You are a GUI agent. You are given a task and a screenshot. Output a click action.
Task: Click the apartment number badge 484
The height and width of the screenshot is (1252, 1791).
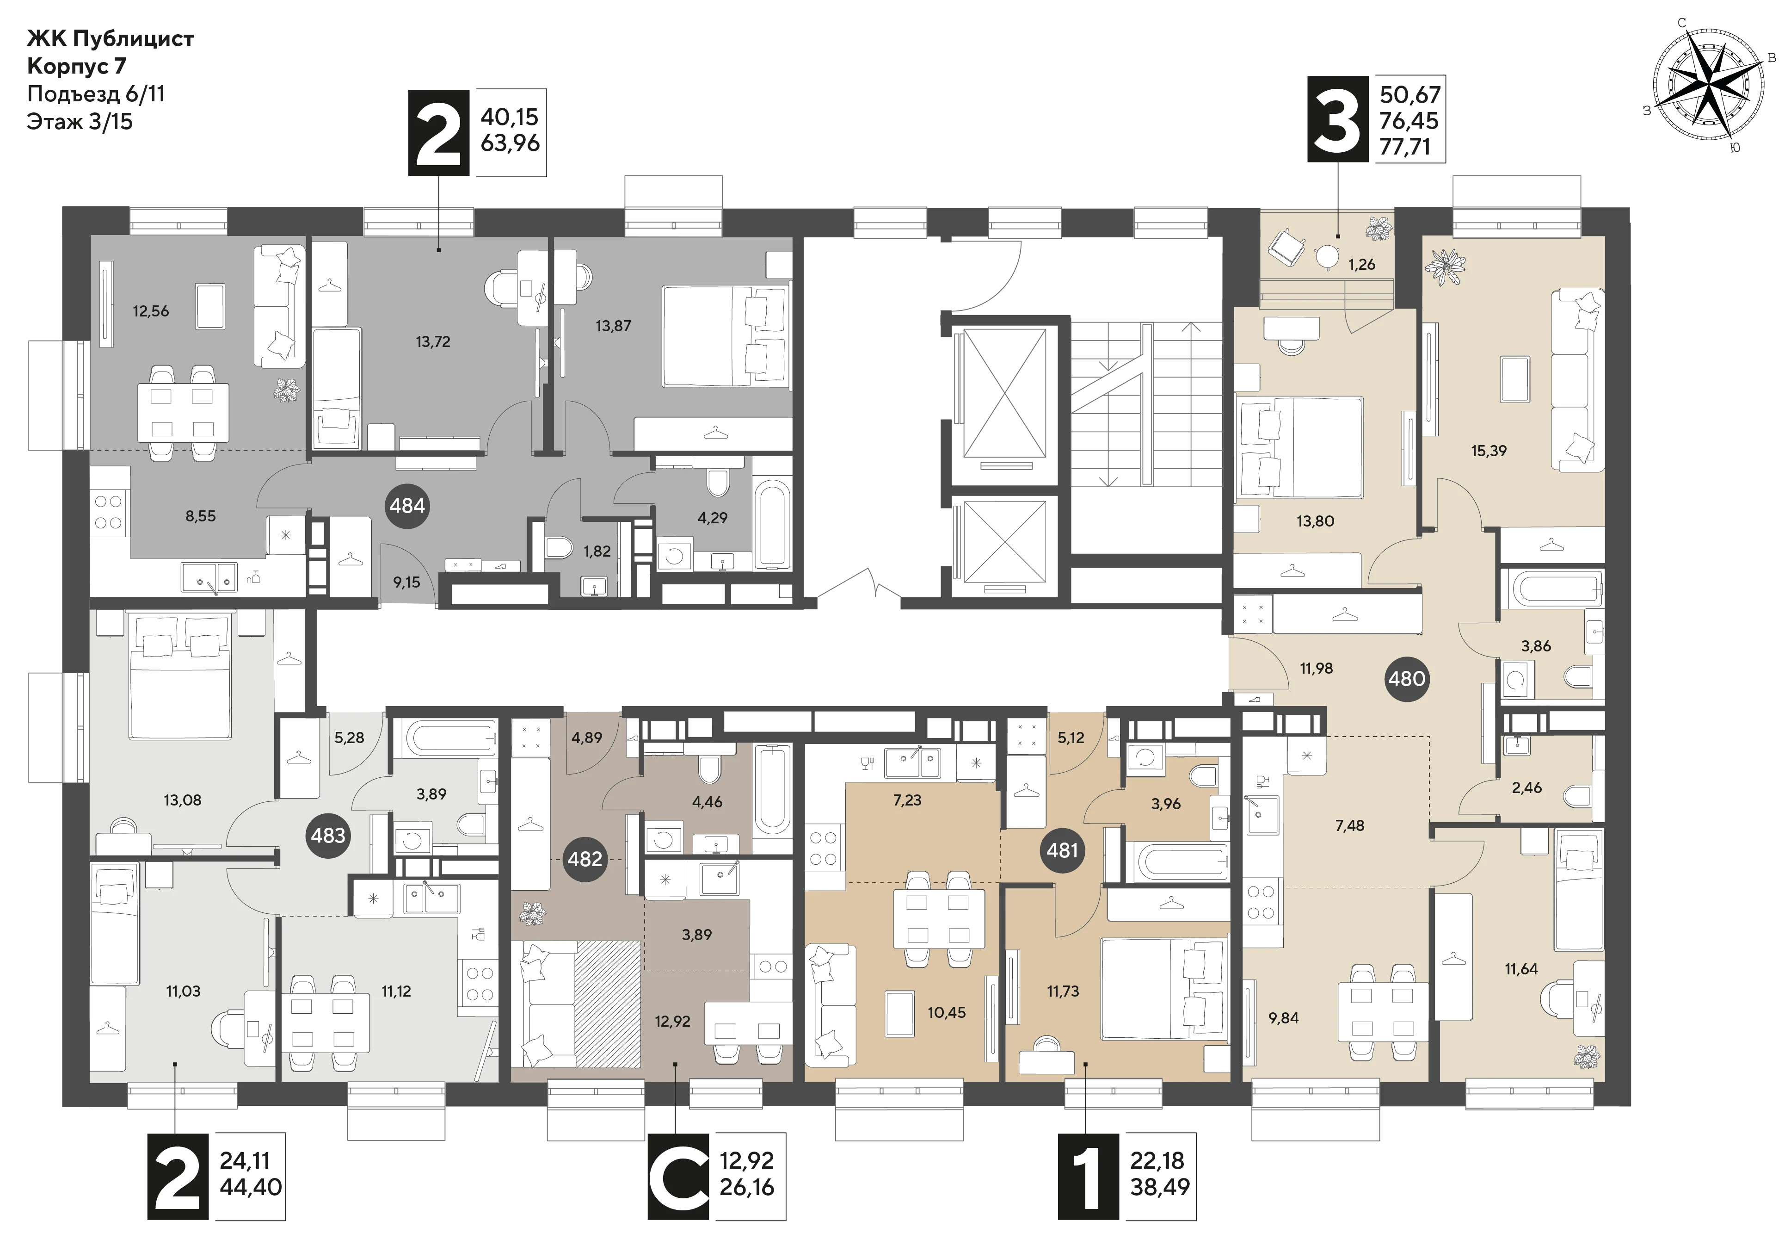point(407,506)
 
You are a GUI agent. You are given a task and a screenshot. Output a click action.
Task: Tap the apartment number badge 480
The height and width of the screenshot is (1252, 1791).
point(1406,678)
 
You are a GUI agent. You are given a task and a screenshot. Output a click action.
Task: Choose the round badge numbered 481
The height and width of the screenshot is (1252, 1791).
point(1062,850)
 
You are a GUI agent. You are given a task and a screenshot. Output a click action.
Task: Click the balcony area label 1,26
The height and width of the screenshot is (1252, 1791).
point(1362,265)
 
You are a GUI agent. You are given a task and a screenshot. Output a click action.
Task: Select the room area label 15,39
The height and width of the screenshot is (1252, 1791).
point(1489,450)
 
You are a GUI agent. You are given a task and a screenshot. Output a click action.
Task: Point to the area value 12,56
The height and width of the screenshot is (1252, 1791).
point(151,310)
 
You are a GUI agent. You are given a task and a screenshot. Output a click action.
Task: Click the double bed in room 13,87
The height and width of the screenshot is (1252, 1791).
point(726,335)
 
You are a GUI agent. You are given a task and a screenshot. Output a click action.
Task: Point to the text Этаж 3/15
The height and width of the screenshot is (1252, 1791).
point(80,122)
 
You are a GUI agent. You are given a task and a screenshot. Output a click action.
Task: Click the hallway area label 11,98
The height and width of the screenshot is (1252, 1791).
point(1316,668)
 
